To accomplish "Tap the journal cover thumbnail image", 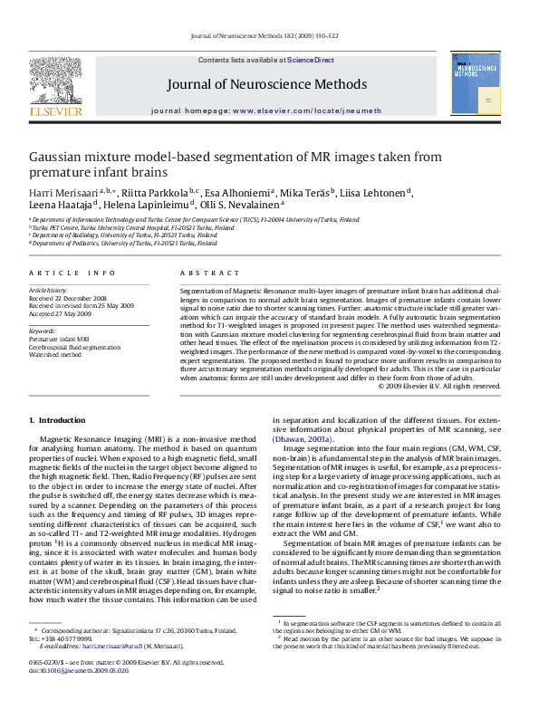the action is pyautogui.click(x=476, y=83).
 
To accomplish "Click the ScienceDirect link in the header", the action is pyautogui.click(x=311, y=60).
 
